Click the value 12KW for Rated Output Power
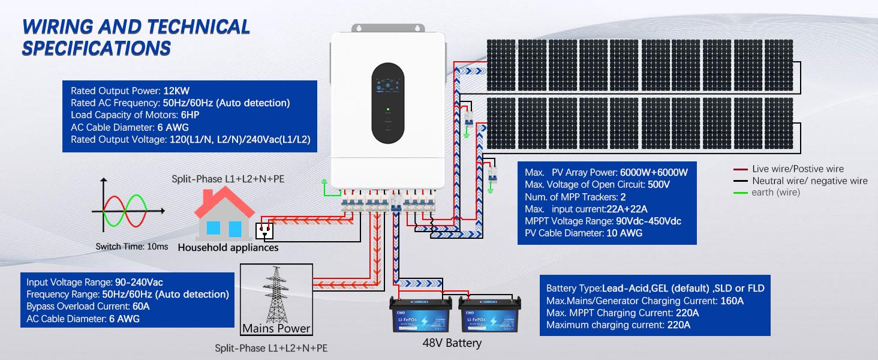click(x=176, y=91)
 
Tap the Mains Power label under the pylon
click(x=276, y=328)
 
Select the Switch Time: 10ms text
click(x=131, y=247)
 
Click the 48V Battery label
click(x=452, y=343)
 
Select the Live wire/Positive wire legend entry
click(x=797, y=169)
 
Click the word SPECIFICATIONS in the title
click(x=96, y=47)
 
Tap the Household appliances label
click(x=228, y=247)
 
